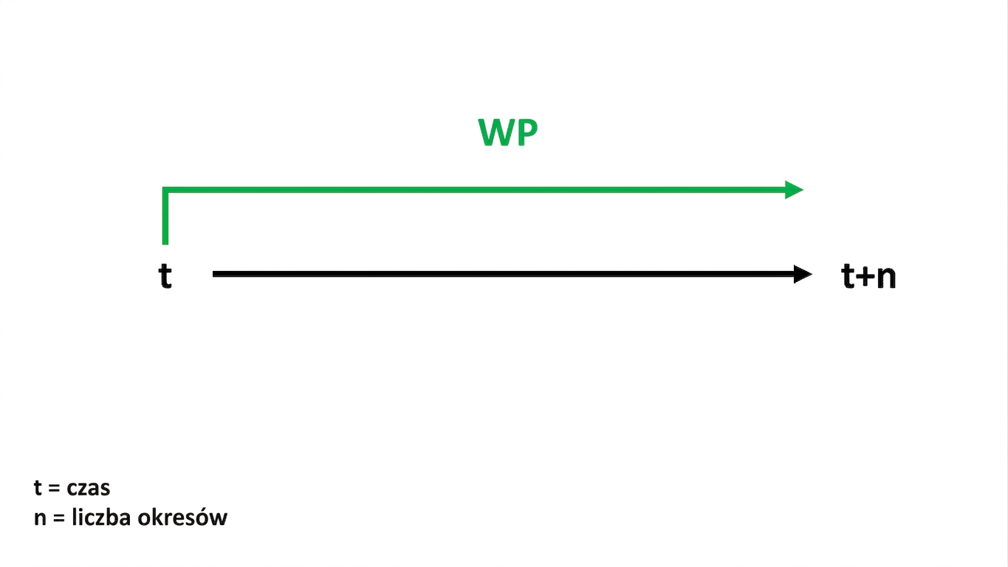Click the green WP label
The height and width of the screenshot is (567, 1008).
[x=507, y=132]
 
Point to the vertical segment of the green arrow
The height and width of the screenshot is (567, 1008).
[x=165, y=216]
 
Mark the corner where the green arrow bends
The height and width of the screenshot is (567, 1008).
[x=165, y=190]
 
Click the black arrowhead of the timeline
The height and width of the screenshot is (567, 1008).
[x=803, y=274]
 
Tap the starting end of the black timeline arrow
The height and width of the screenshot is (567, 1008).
[x=213, y=274]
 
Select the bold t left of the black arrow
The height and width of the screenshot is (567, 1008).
[x=165, y=275]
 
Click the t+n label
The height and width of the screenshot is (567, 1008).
[x=868, y=275]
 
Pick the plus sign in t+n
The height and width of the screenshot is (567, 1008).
[x=865, y=277]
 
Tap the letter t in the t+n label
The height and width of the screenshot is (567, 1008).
[x=848, y=275]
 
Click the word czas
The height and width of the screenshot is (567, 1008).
[x=88, y=488]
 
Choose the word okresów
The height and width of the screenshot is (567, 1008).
[x=182, y=517]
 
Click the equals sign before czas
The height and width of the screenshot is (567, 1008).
[x=54, y=488]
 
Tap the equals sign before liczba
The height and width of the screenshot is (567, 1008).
[x=59, y=518]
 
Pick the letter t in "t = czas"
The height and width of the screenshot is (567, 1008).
[x=38, y=488]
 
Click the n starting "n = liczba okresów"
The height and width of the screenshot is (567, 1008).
[x=40, y=518]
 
